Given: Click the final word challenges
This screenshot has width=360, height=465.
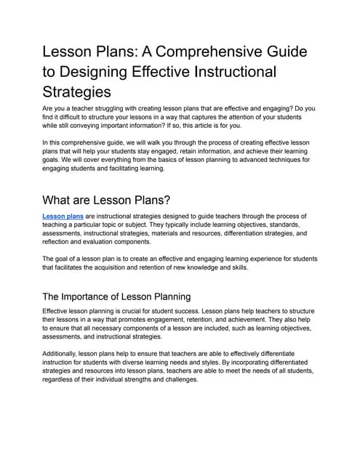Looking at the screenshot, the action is pos(176,379).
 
